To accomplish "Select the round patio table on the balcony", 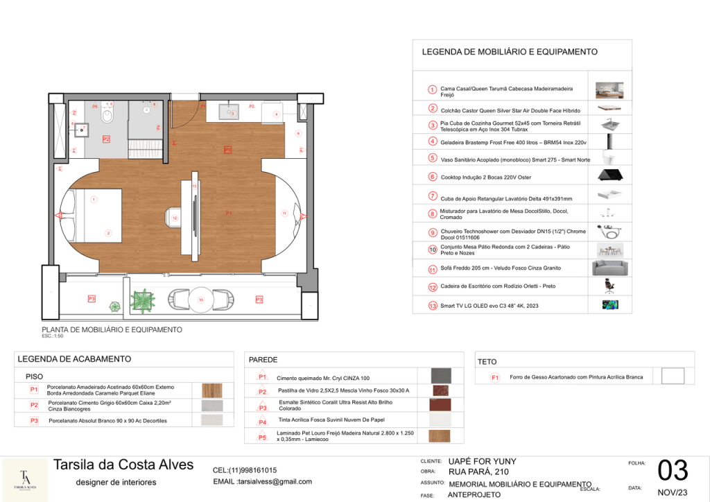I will [201, 299].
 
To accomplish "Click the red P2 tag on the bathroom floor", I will [106, 139].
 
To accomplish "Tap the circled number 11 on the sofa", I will [284, 214].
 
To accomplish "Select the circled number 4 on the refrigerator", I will [276, 114].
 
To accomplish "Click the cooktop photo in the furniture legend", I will [611, 176].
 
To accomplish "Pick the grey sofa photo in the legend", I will [610, 268].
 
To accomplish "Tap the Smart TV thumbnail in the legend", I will [610, 304].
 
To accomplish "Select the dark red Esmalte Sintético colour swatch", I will [440, 404].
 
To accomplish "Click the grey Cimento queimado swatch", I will [440, 376].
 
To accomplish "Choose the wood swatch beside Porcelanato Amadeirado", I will [211, 390].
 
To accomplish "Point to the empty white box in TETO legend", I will [673, 376].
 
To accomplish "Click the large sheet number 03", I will [673, 470].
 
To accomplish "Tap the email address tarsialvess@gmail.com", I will [262, 481].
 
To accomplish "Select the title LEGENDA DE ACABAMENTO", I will [73, 359].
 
